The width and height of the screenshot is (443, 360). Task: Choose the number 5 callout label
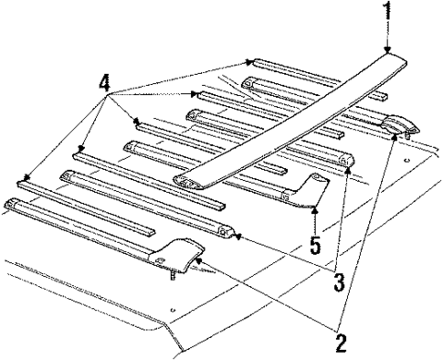pos(314,244)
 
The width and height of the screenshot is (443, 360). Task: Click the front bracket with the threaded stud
pos(178,254)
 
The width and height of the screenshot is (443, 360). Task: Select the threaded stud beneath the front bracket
pos(172,276)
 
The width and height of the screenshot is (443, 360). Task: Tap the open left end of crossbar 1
pos(185,183)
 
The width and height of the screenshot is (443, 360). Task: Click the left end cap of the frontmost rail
pos(12,202)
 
